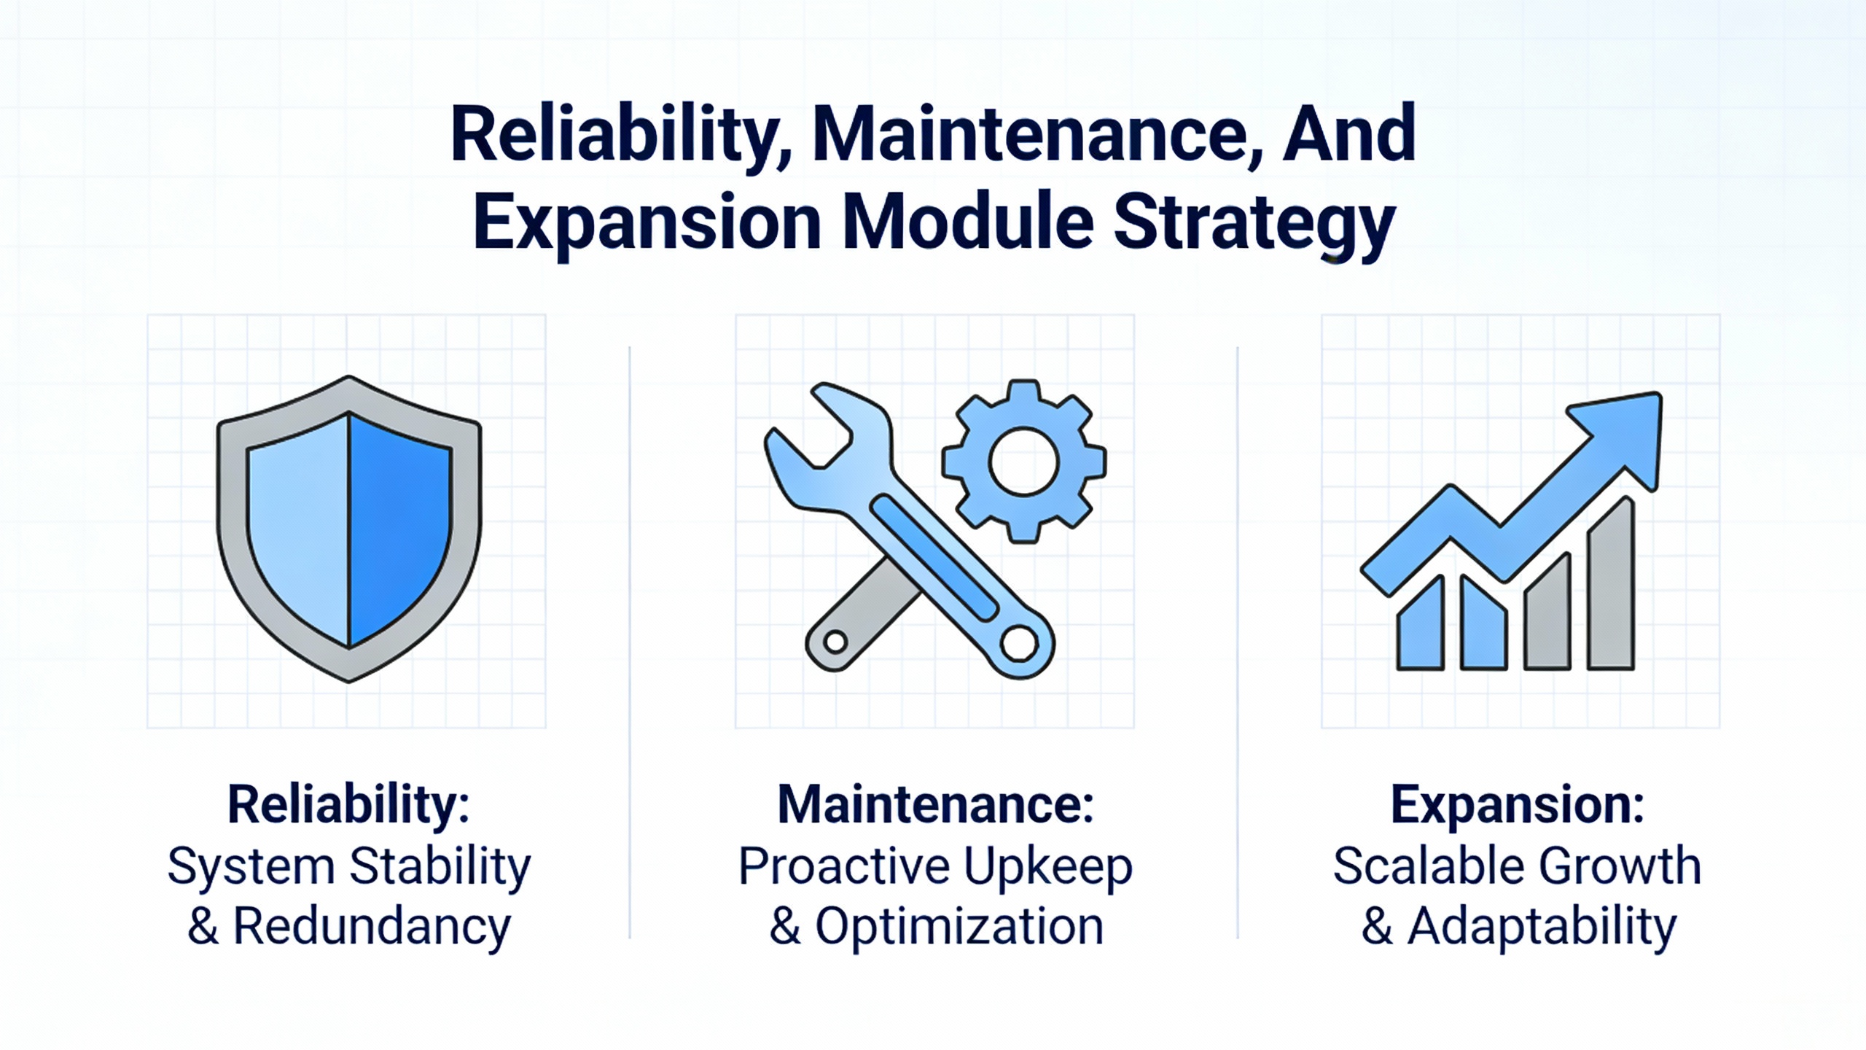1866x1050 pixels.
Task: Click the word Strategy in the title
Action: click(1254, 224)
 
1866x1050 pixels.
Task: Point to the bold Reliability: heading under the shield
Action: click(348, 805)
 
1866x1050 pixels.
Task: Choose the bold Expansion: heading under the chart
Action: click(1518, 805)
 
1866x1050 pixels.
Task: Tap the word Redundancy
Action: click(372, 927)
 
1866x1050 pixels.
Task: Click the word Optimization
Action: click(959, 927)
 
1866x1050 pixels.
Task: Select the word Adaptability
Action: click(1542, 927)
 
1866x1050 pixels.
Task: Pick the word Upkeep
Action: click(1048, 868)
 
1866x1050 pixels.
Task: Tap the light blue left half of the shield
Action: click(299, 525)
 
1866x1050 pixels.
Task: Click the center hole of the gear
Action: click(1023, 462)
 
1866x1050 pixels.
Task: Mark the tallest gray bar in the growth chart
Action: click(1611, 583)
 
